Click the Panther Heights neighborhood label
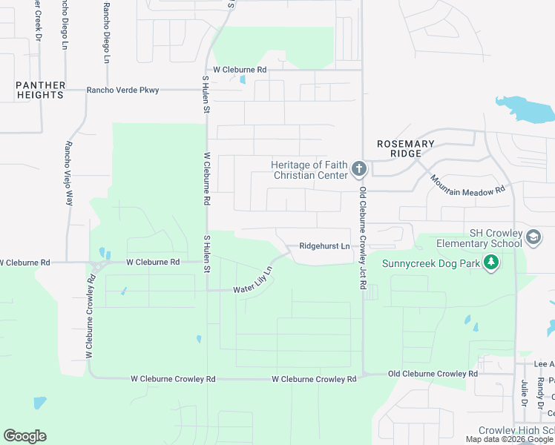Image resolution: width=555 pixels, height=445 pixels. click(x=41, y=90)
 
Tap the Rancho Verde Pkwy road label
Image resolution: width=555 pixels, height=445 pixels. click(x=122, y=90)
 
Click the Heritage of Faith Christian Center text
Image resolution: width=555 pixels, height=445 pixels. click(x=309, y=170)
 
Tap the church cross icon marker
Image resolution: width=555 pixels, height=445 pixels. click(x=359, y=170)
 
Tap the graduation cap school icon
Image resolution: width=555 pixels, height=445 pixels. click(x=533, y=237)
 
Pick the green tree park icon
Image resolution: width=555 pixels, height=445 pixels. click(x=490, y=262)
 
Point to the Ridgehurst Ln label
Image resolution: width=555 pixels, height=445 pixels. click(x=324, y=246)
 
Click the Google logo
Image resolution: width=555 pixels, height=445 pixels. click(x=24, y=436)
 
